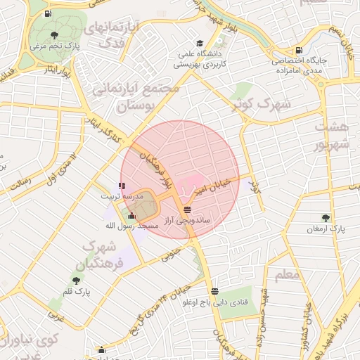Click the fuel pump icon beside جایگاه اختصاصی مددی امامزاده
[300, 50]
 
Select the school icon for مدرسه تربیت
[122, 186]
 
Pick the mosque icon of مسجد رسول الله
[132, 216]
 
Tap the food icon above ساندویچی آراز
[186, 210]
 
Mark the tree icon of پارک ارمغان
[325, 218]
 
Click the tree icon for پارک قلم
[76, 281]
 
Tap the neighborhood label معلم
[287, 275]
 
